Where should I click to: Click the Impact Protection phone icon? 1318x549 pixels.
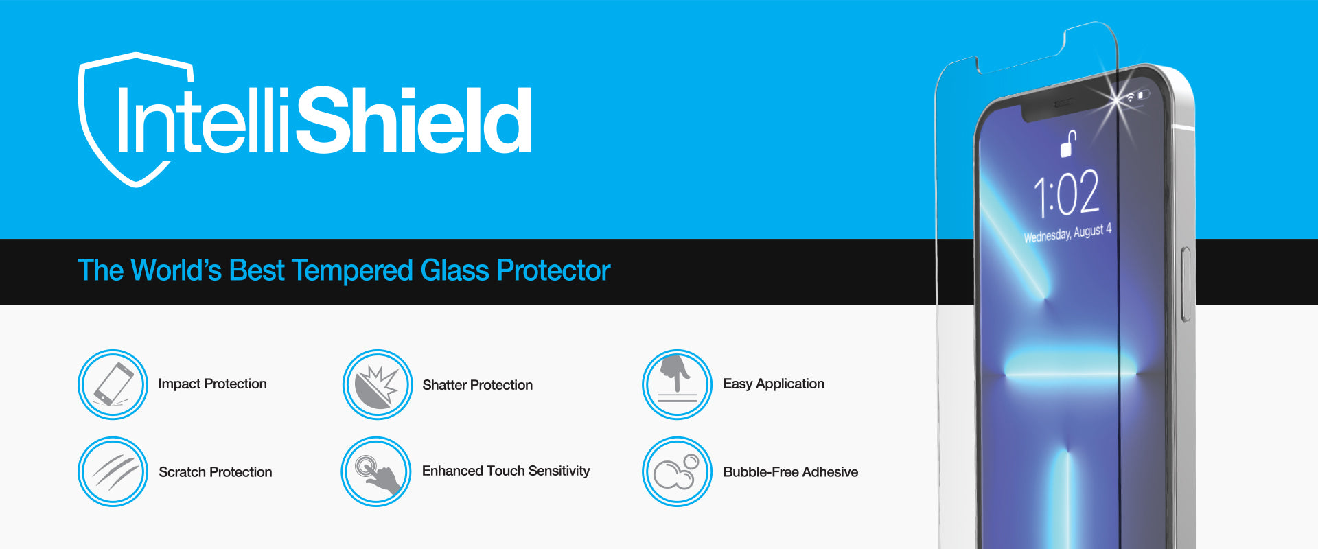(113, 384)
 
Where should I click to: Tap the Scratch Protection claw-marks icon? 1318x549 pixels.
(113, 471)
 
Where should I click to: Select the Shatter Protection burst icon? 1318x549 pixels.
(378, 384)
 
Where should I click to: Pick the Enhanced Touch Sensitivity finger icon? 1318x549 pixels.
(376, 471)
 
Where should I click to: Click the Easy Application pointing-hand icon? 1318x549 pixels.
(677, 384)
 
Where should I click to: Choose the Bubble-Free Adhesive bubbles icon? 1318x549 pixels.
(677, 471)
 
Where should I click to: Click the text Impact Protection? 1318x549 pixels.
(212, 384)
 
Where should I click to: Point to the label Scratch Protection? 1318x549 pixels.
(216, 472)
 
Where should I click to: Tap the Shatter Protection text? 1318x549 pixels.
(478, 385)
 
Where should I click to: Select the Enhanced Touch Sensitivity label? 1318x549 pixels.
(506, 471)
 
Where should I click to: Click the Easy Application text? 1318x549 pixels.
(774, 384)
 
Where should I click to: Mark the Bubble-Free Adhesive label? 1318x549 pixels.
(791, 472)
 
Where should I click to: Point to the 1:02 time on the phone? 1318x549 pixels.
(1067, 193)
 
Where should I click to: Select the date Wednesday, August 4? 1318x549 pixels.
(1067, 233)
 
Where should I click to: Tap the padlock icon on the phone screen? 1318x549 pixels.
(1068, 143)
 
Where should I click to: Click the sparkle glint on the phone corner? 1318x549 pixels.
(1118, 100)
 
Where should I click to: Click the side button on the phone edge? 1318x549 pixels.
(1186, 284)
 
